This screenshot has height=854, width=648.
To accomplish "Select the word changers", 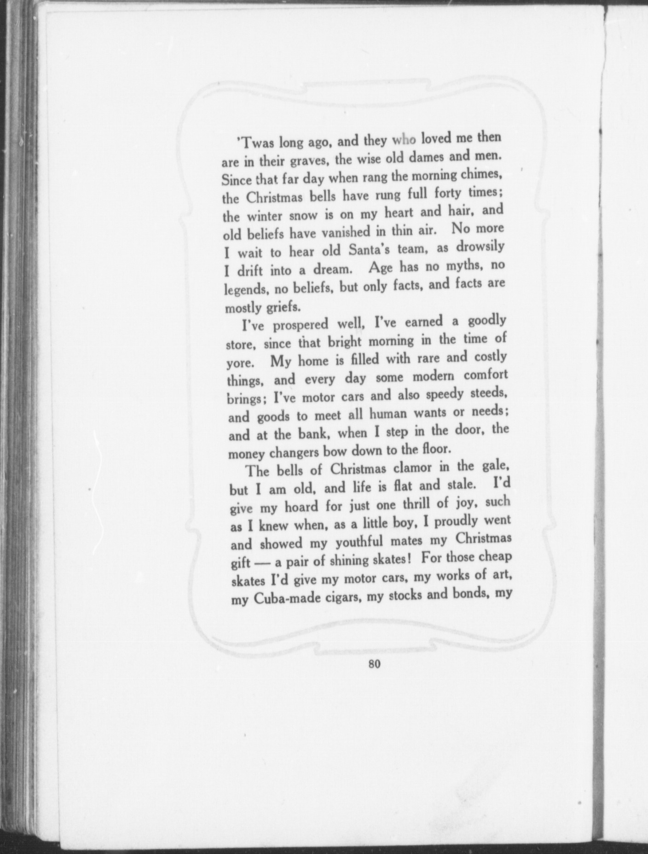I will coord(294,452).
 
